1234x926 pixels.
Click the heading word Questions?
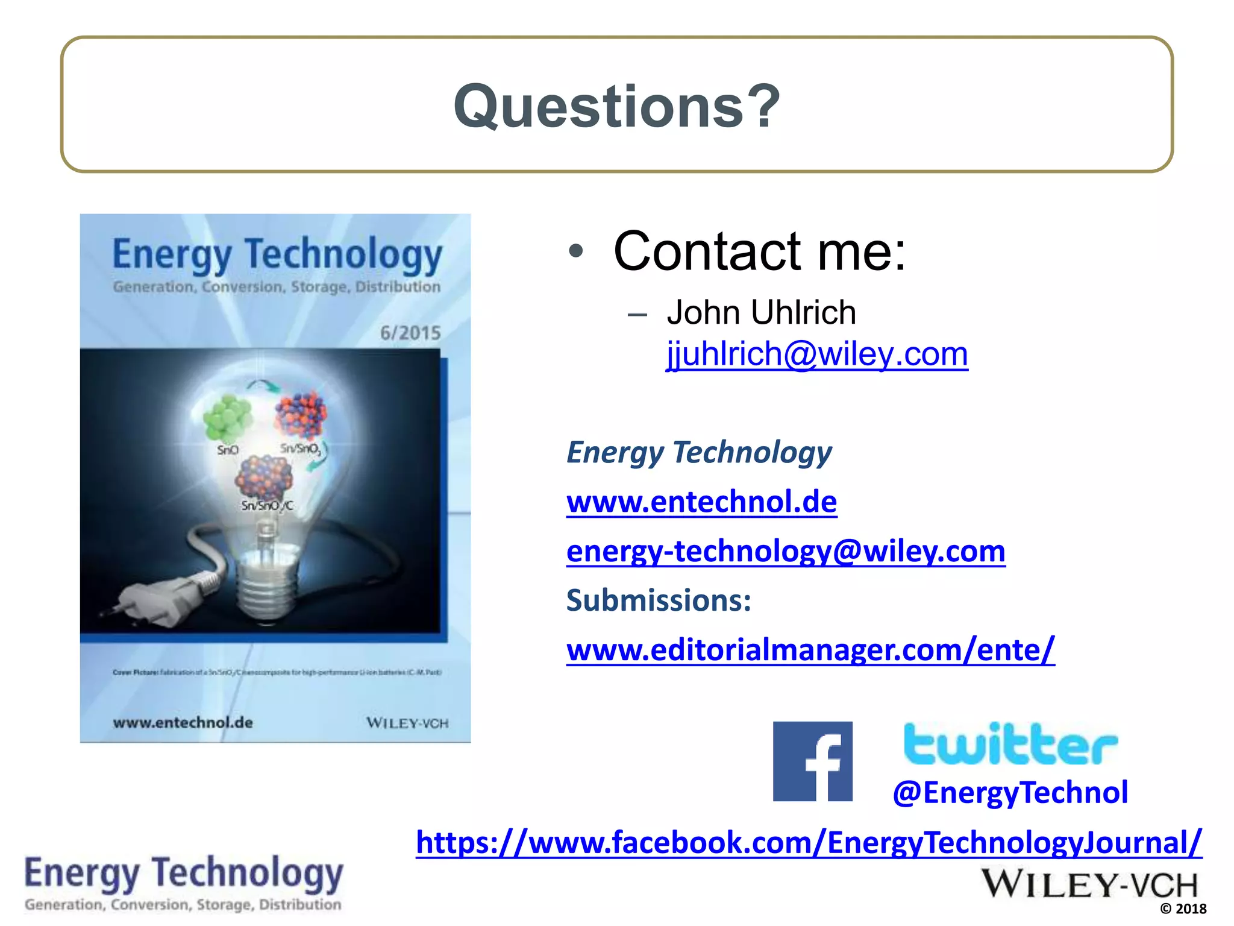[x=616, y=106]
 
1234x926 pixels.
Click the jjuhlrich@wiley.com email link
[x=816, y=354]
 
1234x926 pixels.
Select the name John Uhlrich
[x=761, y=312]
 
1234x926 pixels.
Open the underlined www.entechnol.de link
[x=701, y=502]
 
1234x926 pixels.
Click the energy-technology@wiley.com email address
[x=786, y=551]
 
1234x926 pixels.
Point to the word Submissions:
[x=659, y=600]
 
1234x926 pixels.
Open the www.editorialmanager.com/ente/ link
[x=810, y=650]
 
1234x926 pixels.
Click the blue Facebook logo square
[x=812, y=761]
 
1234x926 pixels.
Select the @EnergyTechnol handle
[x=1010, y=792]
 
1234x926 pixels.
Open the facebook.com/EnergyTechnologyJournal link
[x=809, y=842]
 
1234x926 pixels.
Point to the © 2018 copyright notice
[x=1183, y=909]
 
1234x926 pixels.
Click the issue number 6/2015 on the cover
[x=410, y=333]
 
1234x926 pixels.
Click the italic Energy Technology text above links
[x=699, y=452]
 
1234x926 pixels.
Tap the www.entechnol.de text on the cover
[x=183, y=722]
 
